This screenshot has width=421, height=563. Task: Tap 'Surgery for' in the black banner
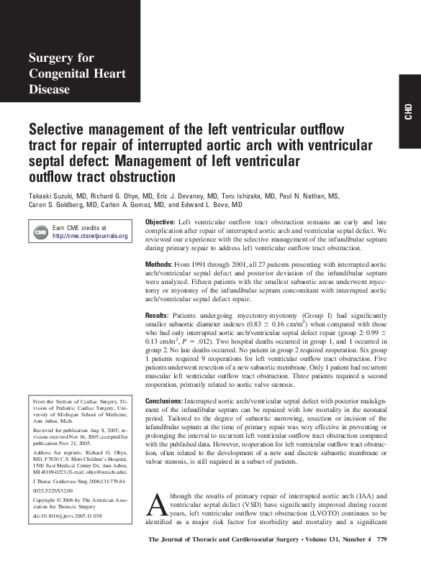60,58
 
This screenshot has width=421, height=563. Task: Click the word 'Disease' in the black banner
50,89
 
